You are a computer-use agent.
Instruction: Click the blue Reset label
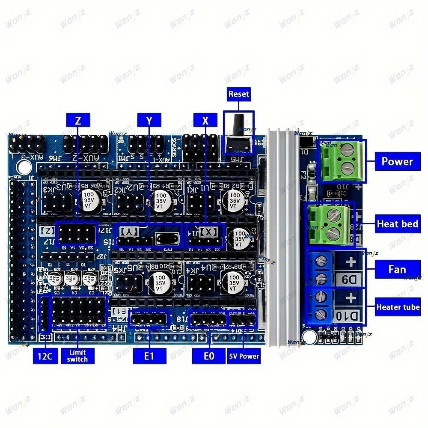238,94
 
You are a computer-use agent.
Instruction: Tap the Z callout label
78,121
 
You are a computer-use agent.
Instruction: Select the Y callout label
149,121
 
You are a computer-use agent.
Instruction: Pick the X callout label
205,121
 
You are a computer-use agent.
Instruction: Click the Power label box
397,162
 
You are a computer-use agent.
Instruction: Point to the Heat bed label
397,224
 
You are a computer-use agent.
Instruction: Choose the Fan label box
397,269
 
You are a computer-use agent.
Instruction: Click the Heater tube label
398,307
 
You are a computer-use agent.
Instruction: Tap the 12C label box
45,356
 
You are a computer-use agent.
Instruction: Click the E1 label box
149,356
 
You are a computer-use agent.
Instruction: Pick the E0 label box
208,356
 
